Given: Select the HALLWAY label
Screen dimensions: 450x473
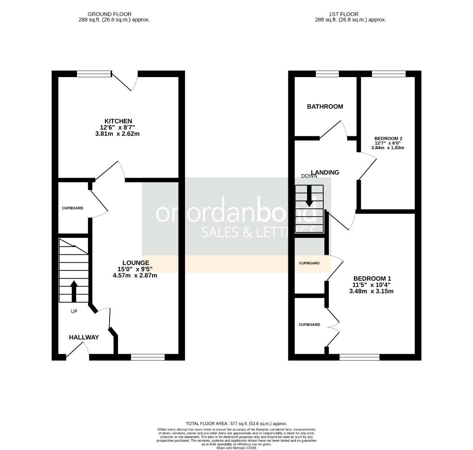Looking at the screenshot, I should pyautogui.click(x=84, y=337).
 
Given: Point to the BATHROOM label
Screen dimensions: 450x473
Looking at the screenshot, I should pyautogui.click(x=325, y=107).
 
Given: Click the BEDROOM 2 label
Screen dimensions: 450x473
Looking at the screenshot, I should pyautogui.click(x=388, y=138).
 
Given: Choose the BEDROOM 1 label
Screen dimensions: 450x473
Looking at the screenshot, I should pyautogui.click(x=372, y=278).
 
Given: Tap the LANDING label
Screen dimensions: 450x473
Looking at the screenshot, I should pyautogui.click(x=325, y=172).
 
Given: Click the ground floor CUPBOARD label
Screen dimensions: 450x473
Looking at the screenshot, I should pyautogui.click(x=73, y=208).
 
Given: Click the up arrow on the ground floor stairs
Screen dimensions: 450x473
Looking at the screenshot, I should pyautogui.click(x=74, y=291).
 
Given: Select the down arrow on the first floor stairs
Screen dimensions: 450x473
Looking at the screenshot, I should pyautogui.click(x=309, y=195).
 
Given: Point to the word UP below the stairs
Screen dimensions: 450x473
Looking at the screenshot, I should pyautogui.click(x=74, y=311).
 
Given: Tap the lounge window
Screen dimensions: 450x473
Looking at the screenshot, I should pyautogui.click(x=148, y=357).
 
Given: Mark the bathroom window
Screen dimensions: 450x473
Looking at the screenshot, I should pyautogui.click(x=327, y=74).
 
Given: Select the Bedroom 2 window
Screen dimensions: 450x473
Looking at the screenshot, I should pyautogui.click(x=388, y=74).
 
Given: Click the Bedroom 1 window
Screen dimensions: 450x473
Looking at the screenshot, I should pyautogui.click(x=359, y=357).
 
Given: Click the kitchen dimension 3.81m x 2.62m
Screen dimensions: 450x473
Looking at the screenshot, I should pyautogui.click(x=117, y=134).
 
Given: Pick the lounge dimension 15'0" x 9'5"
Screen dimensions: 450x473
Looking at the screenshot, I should pyautogui.click(x=135, y=269).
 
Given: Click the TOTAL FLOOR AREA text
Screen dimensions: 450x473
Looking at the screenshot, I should pyautogui.click(x=236, y=423).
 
